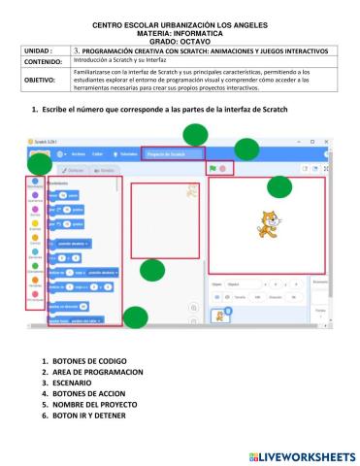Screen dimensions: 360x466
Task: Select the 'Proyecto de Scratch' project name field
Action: (x=172, y=153)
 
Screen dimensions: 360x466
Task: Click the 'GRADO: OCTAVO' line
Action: (x=180, y=41)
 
